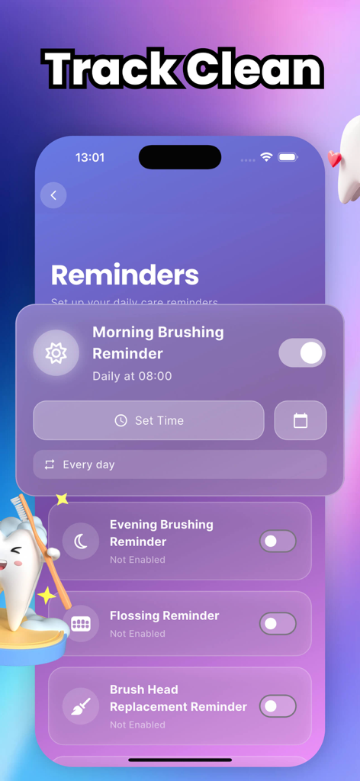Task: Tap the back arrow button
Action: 53,195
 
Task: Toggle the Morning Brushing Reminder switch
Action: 302,353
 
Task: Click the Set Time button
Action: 149,420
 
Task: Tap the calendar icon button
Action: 301,420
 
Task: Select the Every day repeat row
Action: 179,464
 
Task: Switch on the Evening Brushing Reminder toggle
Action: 278,542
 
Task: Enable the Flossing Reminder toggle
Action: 278,623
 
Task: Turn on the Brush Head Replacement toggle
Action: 278,705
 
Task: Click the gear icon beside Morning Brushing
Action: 56,353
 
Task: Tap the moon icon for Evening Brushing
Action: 81,542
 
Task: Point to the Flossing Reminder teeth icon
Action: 81,623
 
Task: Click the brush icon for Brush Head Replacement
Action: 81,705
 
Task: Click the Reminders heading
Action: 125,275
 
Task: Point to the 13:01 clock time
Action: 90,158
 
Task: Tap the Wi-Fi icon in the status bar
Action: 266,157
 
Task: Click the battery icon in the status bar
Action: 288,157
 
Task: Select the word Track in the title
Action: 109,70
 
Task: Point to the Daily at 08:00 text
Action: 132,376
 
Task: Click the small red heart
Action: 333,159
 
